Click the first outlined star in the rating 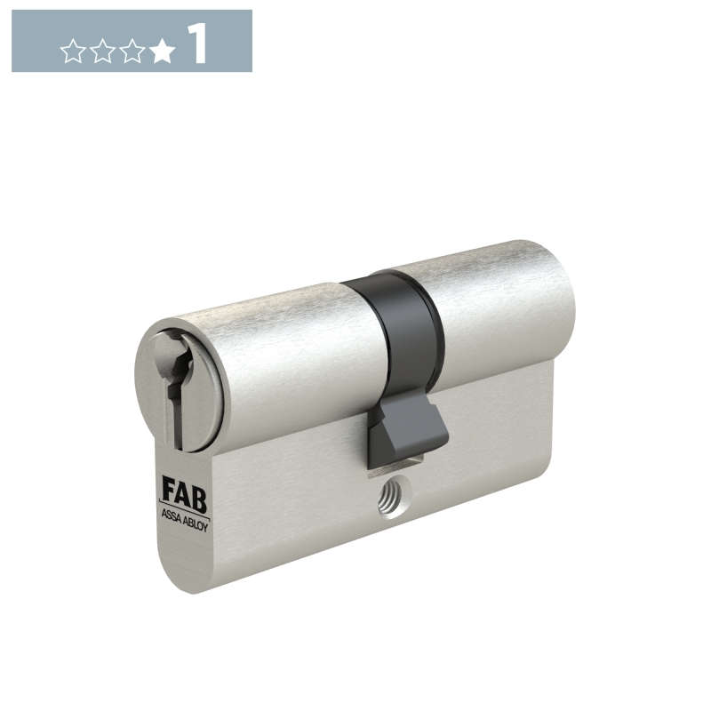[73, 51]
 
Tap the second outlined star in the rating [103, 51]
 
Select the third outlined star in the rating [132, 51]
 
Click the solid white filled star [162, 51]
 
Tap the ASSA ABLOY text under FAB [185, 522]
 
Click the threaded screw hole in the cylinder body [394, 500]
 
